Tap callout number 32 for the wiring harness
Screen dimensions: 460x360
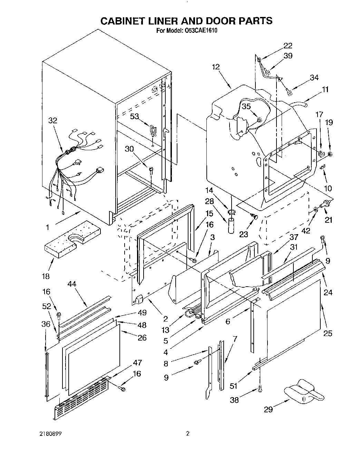tap(52, 121)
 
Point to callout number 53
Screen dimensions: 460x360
tap(134, 116)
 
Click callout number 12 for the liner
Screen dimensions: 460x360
tap(216, 67)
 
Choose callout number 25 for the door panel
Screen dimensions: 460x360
tap(328, 333)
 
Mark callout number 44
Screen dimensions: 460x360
tap(72, 284)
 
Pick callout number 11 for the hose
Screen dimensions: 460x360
tap(325, 89)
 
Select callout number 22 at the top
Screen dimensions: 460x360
tap(288, 45)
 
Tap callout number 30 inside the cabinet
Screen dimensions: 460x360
tap(129, 149)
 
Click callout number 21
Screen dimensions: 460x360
tap(328, 219)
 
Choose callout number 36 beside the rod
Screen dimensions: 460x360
tap(46, 324)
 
